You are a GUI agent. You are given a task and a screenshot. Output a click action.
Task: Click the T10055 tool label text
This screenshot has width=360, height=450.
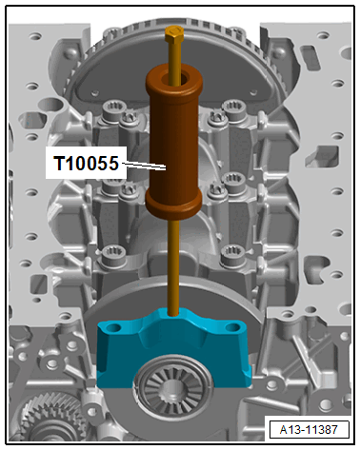[x=85, y=164]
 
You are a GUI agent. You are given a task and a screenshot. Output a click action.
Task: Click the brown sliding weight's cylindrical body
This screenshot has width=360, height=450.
[x=173, y=143]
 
